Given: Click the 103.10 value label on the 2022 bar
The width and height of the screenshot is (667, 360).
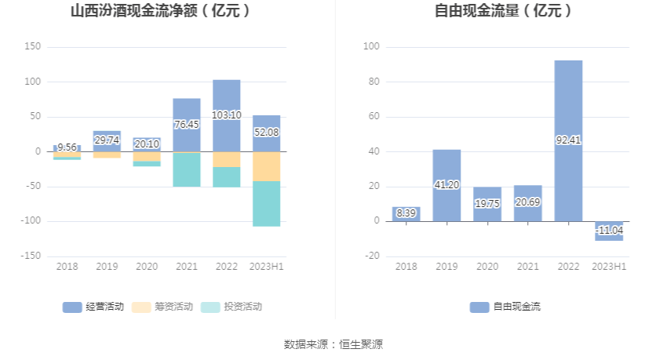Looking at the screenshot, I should coord(226,115).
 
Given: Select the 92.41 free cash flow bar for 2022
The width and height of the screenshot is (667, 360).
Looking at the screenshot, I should coord(568,141).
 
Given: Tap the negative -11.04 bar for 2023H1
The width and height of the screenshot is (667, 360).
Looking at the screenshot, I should coord(609,231).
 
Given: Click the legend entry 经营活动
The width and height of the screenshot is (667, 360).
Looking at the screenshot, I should coord(93,307).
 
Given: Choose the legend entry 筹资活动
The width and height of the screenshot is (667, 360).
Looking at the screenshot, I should coord(162,307).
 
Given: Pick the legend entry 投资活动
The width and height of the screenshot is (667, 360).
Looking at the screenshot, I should coord(231,307).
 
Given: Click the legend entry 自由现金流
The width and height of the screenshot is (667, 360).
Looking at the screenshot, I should coord(505,307).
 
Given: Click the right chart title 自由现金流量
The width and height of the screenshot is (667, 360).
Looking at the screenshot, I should coord(503,11).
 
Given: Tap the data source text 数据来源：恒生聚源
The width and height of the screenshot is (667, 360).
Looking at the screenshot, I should coord(333,344).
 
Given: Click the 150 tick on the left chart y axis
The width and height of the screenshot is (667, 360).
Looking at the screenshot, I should coord(32,47).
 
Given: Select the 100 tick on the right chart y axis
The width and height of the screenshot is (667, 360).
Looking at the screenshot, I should coord(372,47).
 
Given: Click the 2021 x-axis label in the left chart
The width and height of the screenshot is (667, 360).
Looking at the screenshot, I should coord(186,267).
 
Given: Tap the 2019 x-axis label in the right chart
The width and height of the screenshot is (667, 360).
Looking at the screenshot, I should coord(446,267).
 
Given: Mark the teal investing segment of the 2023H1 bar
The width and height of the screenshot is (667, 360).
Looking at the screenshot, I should coord(266,203).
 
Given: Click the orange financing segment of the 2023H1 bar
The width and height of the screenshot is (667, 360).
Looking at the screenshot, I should coord(266,166).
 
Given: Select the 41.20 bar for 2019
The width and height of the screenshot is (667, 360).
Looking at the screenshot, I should coord(446,185).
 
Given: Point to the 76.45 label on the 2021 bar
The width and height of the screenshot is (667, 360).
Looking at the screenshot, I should coord(187,125).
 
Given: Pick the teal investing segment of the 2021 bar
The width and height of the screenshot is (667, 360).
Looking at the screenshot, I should coord(187,169).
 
